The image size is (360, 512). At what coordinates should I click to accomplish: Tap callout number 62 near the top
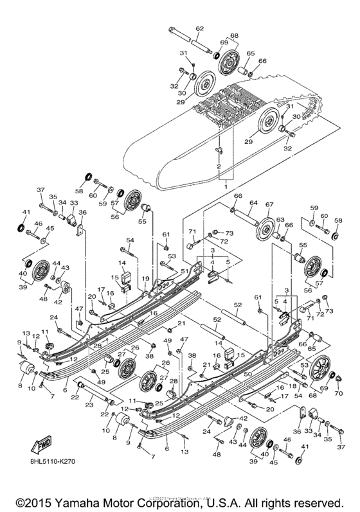199,28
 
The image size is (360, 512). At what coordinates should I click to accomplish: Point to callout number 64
254,204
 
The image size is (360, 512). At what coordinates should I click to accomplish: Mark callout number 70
339,393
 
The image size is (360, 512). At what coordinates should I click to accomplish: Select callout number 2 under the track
219,166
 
